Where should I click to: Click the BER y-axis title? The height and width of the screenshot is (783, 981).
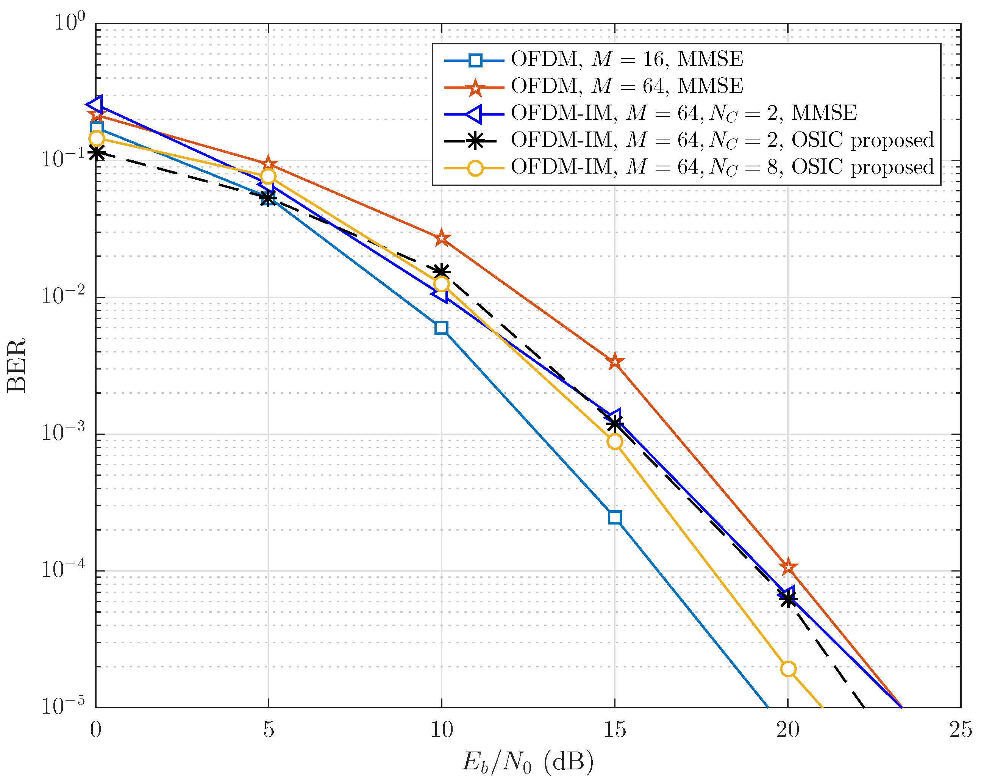pos(16,366)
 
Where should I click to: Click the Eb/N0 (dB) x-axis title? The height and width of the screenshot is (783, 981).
pos(528,762)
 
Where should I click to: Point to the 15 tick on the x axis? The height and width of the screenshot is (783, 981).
pos(614,730)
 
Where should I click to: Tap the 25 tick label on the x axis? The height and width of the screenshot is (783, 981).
pos(960,730)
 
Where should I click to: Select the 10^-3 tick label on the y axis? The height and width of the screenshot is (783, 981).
pos(63,432)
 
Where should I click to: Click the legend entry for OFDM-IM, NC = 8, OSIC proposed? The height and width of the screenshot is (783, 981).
pos(722,168)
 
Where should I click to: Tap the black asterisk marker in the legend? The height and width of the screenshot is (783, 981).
pos(475,141)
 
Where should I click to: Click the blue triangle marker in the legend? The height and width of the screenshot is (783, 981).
pos(474,114)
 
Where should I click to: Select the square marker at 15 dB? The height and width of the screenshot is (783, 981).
pos(614,517)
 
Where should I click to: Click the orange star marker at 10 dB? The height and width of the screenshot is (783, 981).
pos(441,238)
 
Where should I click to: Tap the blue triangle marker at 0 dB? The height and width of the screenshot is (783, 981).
pos(96,105)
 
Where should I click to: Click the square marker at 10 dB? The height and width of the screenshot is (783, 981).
pos(441,328)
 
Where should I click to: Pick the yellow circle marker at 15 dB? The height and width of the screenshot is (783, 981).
pos(614,442)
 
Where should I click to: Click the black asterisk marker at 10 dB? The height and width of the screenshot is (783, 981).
pos(441,272)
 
